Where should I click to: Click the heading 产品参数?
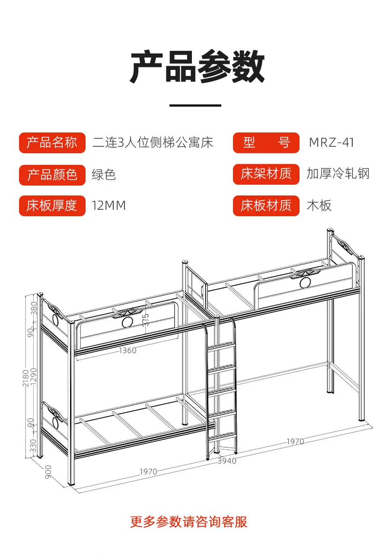coord(197,66)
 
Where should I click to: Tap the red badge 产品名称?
coord(52,143)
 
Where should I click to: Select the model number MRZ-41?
coord(332,143)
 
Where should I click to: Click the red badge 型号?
coord(266,143)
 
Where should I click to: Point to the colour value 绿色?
coord(104,174)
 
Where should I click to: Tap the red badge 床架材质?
coord(266,174)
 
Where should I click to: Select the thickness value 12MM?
coord(109,205)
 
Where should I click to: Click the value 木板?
coord(319,205)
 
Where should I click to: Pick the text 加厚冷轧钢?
coord(338,173)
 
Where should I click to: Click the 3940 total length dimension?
coord(227,461)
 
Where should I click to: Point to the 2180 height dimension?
coord(26,378)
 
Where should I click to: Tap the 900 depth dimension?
coord(48,472)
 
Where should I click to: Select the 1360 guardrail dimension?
coord(128,350)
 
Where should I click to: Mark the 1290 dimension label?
coord(33,376)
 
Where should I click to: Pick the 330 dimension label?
coord(33,446)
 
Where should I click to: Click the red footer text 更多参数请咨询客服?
coord(188,522)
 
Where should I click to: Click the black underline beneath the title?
coord(195,106)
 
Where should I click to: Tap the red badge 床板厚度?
coord(52,206)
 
